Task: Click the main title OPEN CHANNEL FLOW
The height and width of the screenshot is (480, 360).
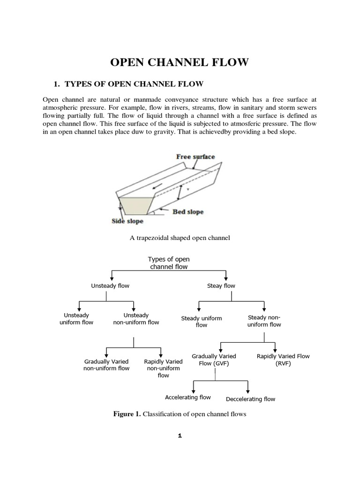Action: pos(180,62)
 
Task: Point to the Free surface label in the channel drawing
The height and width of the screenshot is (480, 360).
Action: pos(195,157)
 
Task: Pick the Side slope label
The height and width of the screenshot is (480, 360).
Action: pos(127,221)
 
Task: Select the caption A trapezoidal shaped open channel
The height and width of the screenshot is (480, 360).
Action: pos(180,238)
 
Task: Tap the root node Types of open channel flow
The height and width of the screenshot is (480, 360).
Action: pos(169,263)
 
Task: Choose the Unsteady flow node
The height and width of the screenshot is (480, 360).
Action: pos(110,285)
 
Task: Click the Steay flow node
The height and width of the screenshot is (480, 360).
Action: pos(221,286)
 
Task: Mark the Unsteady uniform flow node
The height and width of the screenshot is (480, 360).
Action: pos(76,319)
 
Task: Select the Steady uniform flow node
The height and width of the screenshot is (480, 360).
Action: pos(202,322)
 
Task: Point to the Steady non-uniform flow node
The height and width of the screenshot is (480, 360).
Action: pos(264,321)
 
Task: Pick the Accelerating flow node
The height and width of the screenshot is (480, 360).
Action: pos(188,397)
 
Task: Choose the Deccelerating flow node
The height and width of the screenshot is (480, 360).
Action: pos(250,399)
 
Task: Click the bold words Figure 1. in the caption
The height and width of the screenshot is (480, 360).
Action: pos(127,414)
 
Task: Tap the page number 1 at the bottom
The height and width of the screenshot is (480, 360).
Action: pos(180,436)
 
